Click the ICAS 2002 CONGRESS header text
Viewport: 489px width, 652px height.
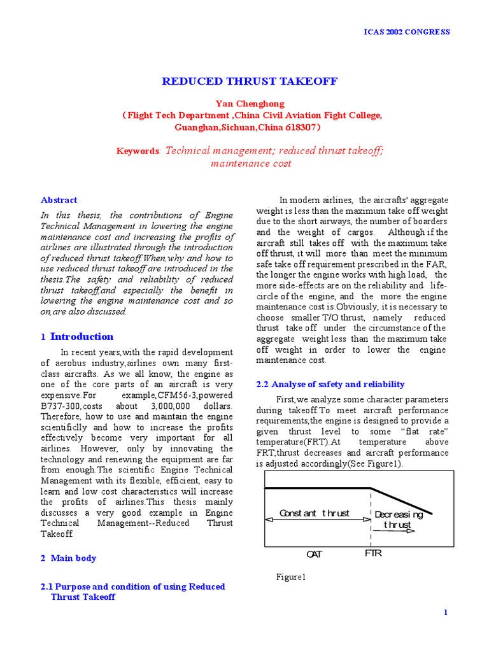point(406,32)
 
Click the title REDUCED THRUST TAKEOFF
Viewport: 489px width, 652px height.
point(249,81)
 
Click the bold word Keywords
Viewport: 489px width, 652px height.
point(138,152)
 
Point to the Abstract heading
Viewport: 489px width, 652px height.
point(59,200)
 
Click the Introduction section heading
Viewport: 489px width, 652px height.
point(81,337)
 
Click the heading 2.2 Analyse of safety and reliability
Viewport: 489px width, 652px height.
point(330,384)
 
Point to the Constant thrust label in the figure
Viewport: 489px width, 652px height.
point(315,513)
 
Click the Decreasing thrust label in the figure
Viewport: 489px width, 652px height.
point(399,520)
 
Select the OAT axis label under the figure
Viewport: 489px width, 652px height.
point(314,554)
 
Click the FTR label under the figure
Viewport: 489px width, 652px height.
point(373,553)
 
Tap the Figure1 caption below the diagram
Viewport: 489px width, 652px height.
point(291,577)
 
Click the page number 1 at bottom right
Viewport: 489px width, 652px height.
point(446,612)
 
